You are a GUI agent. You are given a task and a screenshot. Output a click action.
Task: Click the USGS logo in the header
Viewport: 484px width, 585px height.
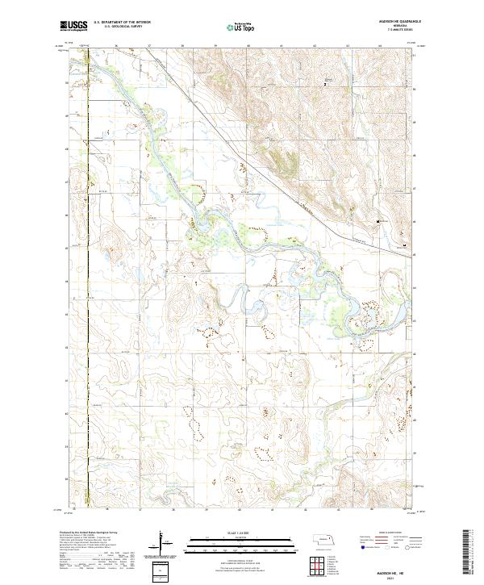pyautogui.click(x=73, y=26)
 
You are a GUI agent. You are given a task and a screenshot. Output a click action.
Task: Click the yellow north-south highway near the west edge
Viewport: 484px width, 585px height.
pyautogui.click(x=87, y=282)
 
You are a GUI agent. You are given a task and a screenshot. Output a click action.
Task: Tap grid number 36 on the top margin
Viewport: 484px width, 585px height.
pyautogui.click(x=117, y=47)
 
